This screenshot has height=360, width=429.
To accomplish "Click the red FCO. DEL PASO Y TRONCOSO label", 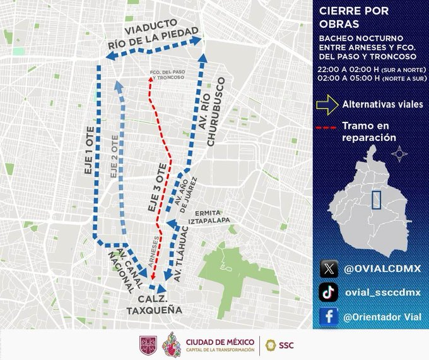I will pos(167,74).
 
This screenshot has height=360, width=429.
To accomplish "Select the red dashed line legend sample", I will pos(327,128).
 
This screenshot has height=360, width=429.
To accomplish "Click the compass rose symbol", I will pos(398,153).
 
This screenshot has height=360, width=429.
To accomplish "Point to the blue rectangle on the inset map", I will pos(377,199).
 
